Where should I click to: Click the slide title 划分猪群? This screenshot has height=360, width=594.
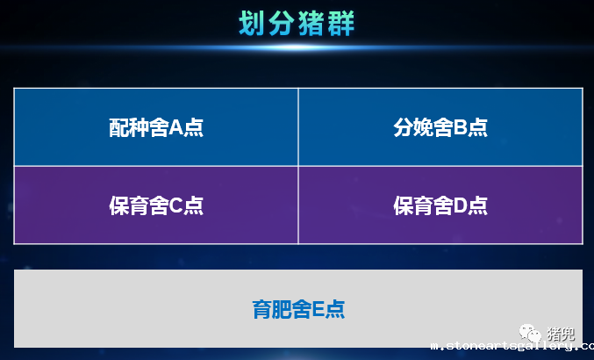tap(297, 24)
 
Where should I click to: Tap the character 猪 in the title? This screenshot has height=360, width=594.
tap(311, 24)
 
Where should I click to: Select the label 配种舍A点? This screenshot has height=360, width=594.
tap(156, 127)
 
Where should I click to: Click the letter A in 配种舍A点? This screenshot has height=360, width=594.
tap(175, 127)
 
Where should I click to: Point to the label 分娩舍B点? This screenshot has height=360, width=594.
tap(440, 127)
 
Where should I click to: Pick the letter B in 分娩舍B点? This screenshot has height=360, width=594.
tap(460, 127)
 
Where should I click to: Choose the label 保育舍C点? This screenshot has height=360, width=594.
tap(156, 205)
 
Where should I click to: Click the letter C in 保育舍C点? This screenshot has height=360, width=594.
tap(175, 205)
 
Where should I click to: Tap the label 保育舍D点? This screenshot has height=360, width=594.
tap(440, 205)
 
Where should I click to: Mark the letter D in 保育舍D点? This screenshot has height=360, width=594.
tap(461, 205)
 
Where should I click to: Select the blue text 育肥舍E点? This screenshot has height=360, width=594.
tap(298, 309)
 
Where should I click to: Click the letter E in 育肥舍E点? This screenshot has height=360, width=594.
tap(318, 310)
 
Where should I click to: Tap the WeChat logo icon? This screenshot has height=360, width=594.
tap(530, 333)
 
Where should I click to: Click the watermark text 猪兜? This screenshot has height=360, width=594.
tap(561, 334)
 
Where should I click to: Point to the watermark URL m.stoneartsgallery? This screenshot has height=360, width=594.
tap(512, 346)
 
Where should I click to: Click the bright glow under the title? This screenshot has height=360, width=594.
tap(297, 47)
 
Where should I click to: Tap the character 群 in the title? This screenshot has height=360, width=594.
tap(341, 24)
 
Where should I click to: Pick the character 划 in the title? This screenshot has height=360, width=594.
tap(252, 24)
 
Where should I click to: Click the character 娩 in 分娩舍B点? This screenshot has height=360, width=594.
tap(423, 127)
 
